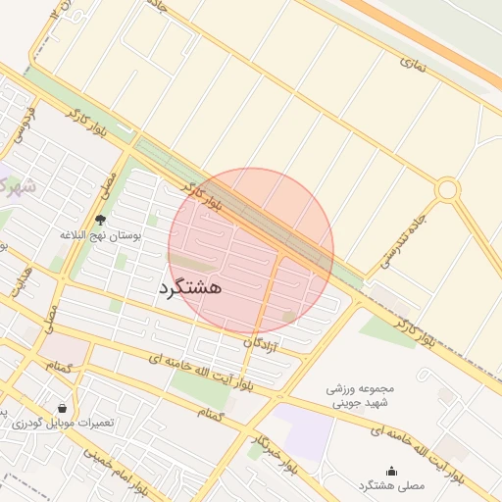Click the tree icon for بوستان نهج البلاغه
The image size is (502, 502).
coord(101,220)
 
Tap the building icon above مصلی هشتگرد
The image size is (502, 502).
coord(392,471)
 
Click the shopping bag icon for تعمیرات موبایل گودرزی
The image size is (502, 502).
coord(63,408)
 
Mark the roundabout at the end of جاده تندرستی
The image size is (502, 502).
coord(447,188)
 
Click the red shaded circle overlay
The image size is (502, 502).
coord(251,250)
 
